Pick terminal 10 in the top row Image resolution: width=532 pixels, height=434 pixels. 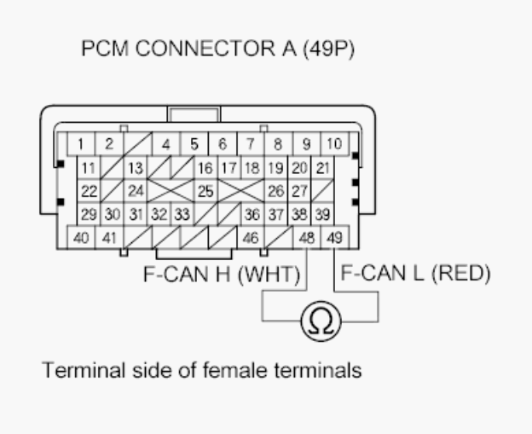(x=332, y=144)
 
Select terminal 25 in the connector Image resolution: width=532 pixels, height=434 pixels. (x=205, y=191)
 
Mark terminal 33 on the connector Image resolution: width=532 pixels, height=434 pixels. (x=181, y=214)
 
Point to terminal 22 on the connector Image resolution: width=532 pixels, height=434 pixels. (x=89, y=191)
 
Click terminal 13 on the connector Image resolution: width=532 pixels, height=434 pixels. (x=135, y=168)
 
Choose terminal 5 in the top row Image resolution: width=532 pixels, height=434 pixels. (x=194, y=144)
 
